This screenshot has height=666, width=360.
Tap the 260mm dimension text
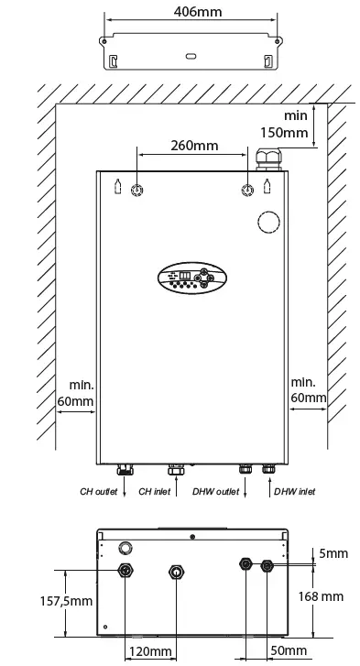(193, 145)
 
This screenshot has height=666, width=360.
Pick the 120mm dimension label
(149, 651)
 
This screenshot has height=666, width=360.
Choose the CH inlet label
(155, 491)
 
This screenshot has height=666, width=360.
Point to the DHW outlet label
(216, 491)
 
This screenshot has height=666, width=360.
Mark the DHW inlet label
(294, 491)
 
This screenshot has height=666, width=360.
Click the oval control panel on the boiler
(189, 278)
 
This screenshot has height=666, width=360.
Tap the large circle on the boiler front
(268, 224)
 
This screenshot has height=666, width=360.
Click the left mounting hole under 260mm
(137, 190)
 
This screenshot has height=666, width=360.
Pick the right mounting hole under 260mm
(246, 190)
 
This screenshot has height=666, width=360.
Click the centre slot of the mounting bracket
(190, 56)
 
